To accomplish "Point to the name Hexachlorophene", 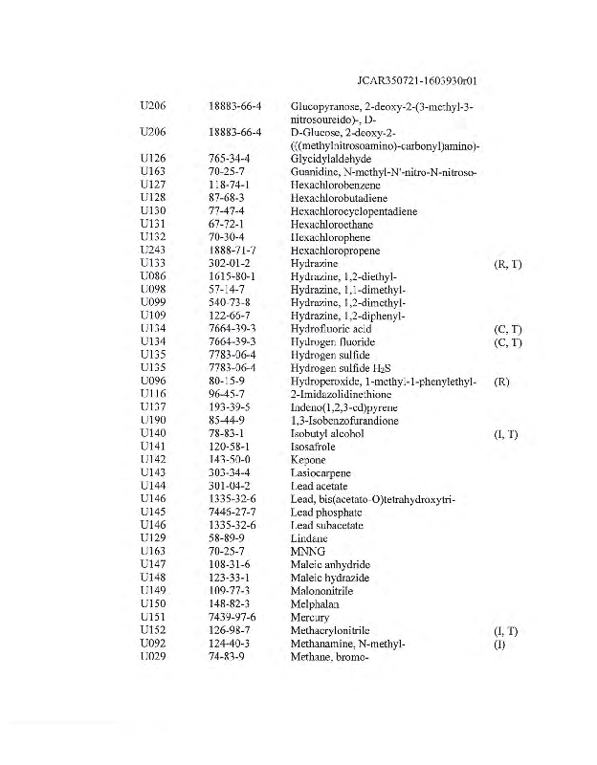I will coord(331,237).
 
